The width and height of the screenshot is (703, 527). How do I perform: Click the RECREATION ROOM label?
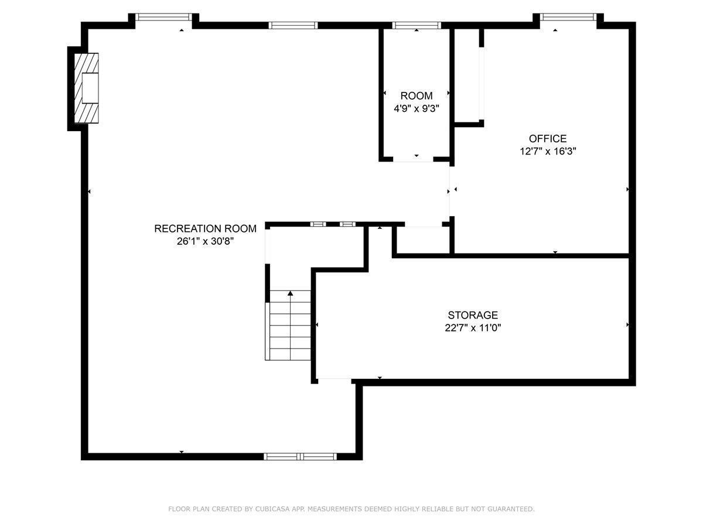pos(205,228)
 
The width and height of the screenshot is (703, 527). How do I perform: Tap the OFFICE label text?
pos(548,139)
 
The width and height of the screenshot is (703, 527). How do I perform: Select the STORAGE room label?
pos(473,315)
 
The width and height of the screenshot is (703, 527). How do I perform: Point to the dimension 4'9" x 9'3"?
pos(416,108)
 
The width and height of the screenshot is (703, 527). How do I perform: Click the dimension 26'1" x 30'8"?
pos(205,241)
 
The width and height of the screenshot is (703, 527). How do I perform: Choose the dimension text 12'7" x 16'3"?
pos(548,151)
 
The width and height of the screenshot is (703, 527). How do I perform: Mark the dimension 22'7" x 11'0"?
pos(473,328)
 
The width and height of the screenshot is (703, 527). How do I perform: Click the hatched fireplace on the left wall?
pos(86,88)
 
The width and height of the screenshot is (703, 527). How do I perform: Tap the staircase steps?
pos(290,325)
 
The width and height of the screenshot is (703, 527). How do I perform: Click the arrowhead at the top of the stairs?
pos(290,293)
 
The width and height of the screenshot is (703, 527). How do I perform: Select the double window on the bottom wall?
pos(300,456)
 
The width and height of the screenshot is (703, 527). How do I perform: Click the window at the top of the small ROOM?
pos(417,25)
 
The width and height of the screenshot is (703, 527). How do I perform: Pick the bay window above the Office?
pos(568,17)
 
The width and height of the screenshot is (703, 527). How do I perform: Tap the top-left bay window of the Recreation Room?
pos(163,17)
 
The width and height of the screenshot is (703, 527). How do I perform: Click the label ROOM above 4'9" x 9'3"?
pos(417,95)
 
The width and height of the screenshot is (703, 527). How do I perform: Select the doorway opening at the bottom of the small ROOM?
pos(413,159)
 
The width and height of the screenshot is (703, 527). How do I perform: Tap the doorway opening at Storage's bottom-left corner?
pos(335,381)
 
